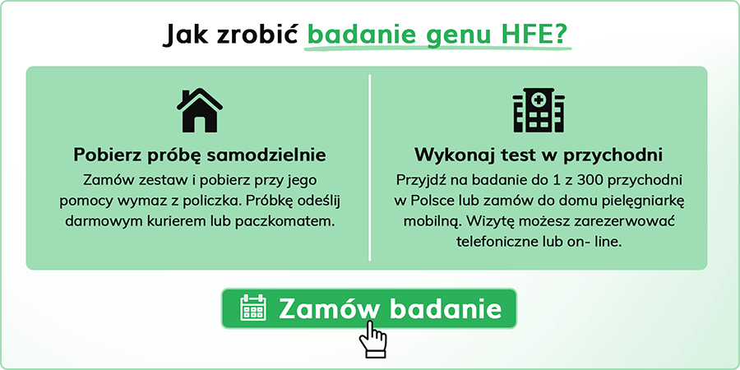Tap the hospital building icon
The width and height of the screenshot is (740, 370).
pyautogui.click(x=539, y=111)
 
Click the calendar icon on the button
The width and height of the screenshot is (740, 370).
pyautogui.click(x=253, y=308)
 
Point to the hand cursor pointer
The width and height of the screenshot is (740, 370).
pyautogui.click(x=372, y=339)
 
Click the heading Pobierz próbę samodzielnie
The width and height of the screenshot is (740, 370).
pyautogui.click(x=200, y=155)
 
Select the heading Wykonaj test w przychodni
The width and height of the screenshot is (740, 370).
pyautogui.click(x=539, y=155)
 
